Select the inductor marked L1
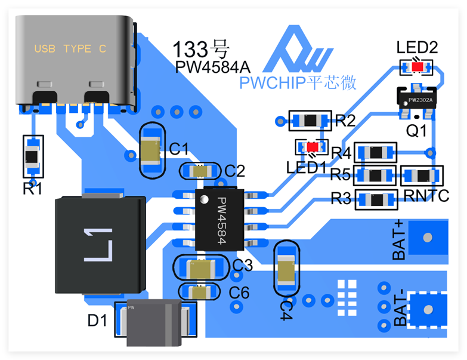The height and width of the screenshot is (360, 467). (x=99, y=245)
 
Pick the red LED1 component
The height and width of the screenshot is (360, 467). (x=312, y=146)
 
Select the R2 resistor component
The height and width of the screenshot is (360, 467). (x=309, y=121)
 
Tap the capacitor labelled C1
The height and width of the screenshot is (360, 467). (x=153, y=150)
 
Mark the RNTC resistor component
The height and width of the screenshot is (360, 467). (x=421, y=176)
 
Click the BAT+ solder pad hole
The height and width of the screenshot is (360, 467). (x=427, y=237)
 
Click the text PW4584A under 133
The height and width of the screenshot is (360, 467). (x=212, y=66)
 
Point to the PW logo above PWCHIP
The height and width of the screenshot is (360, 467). (x=298, y=51)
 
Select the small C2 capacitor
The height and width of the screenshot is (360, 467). (x=202, y=171)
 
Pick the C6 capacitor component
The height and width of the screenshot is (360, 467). (x=201, y=292)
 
